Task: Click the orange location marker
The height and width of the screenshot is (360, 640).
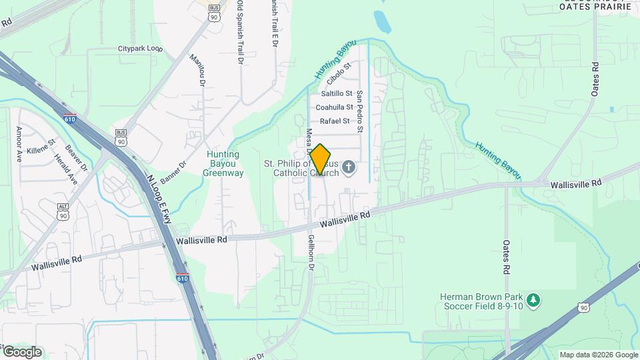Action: pyautogui.click(x=320, y=160)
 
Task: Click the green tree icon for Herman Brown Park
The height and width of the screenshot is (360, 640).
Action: pyautogui.click(x=533, y=301)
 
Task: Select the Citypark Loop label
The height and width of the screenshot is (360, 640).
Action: pyautogui.click(x=140, y=49)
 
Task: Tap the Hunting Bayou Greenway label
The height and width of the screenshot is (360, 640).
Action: pyautogui.click(x=223, y=163)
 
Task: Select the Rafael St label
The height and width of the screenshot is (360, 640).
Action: pyautogui.click(x=335, y=121)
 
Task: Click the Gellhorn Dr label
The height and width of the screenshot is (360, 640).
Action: pyautogui.click(x=311, y=252)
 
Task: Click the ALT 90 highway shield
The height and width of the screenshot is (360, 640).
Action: pyautogui.click(x=63, y=212)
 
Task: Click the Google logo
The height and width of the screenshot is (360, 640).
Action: pyautogui.click(x=21, y=352)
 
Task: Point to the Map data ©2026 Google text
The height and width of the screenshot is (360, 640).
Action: pyautogui.click(x=599, y=355)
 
